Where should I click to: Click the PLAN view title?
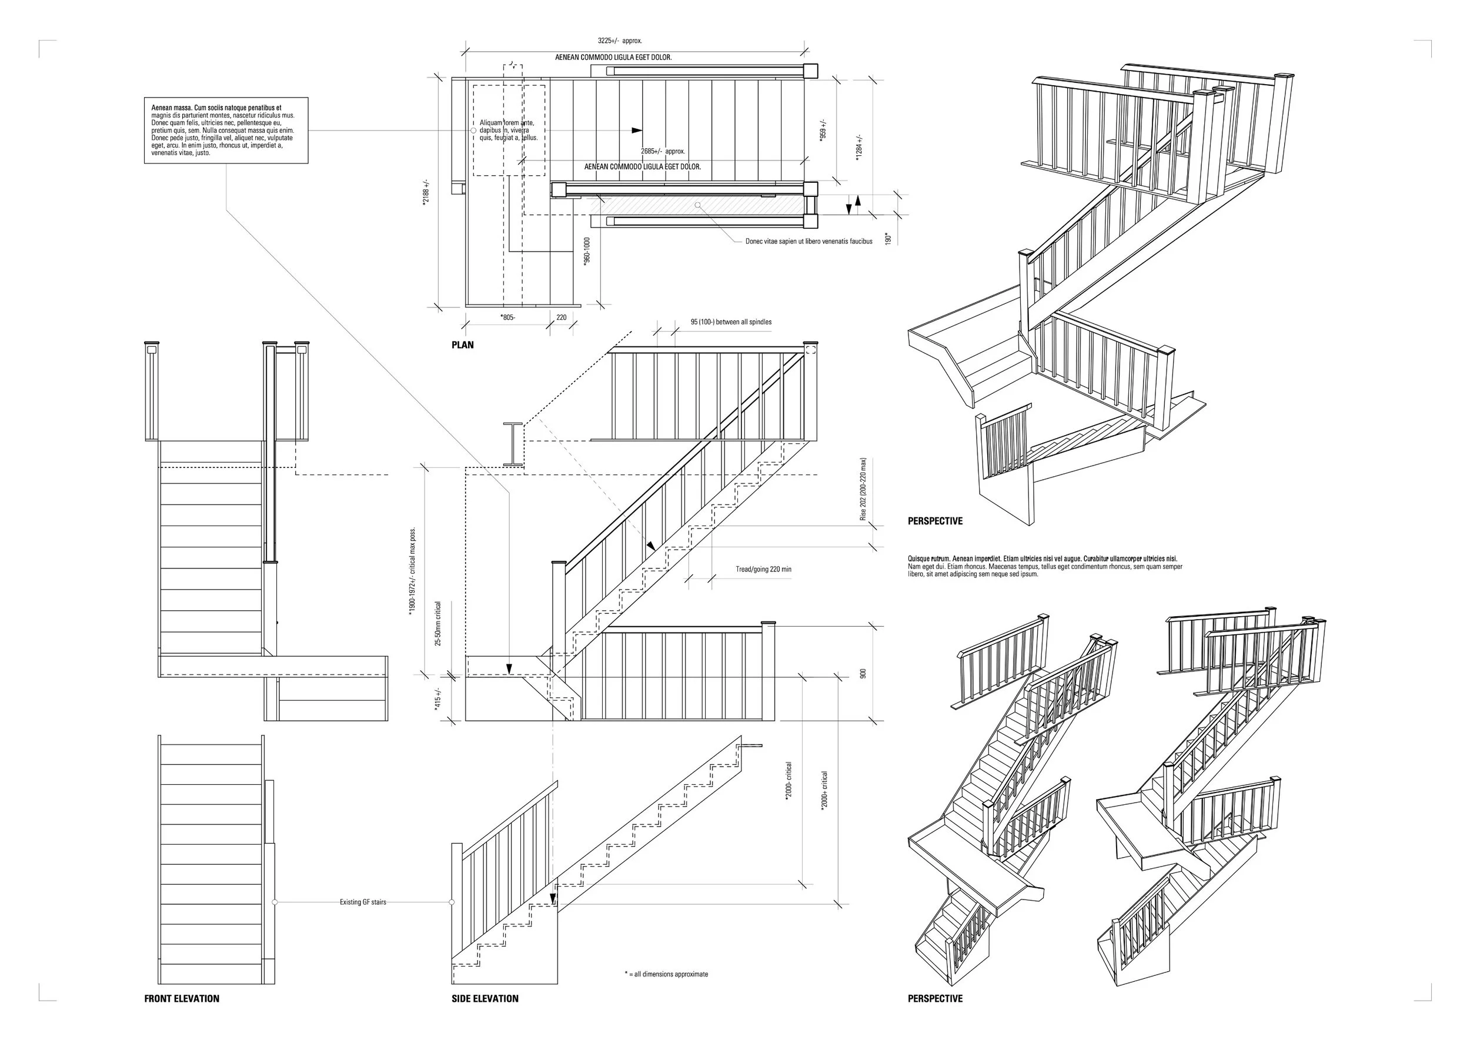pyautogui.click(x=462, y=345)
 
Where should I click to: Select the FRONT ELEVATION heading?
pyautogui.click(x=181, y=998)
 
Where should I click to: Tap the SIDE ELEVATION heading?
pyautogui.click(x=485, y=998)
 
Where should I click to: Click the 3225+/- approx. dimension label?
pyautogui.click(x=619, y=41)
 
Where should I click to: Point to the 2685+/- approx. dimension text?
pyautogui.click(x=663, y=152)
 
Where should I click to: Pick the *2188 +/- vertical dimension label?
pyautogui.click(x=426, y=192)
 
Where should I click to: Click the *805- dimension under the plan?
pyautogui.click(x=507, y=317)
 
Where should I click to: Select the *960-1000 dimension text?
pyautogui.click(x=587, y=250)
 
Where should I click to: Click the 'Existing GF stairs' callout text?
pyautogui.click(x=363, y=902)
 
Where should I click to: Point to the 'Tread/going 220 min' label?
pyautogui.click(x=763, y=569)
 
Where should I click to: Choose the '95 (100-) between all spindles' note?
pyautogui.click(x=731, y=322)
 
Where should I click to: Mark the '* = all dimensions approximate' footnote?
pyautogui.click(x=667, y=974)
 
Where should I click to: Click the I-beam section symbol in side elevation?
pyautogui.click(x=514, y=443)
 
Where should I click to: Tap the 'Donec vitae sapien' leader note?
pyautogui.click(x=808, y=242)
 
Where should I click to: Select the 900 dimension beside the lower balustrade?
pyautogui.click(x=863, y=674)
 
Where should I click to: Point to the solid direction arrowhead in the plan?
pyautogui.click(x=636, y=130)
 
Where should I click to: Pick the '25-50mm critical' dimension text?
pyautogui.click(x=438, y=623)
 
